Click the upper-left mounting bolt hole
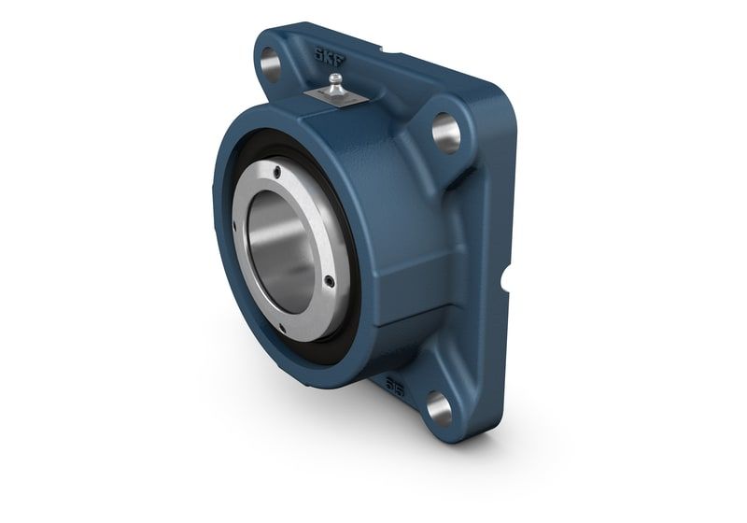pyautogui.click(x=270, y=64)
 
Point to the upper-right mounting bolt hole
pyautogui.click(x=445, y=133)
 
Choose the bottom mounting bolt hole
pyautogui.click(x=438, y=406)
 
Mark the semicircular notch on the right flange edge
pyautogui.click(x=504, y=277)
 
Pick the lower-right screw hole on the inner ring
pyautogui.click(x=329, y=281)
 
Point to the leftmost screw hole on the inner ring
pyautogui.click(x=234, y=224)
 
